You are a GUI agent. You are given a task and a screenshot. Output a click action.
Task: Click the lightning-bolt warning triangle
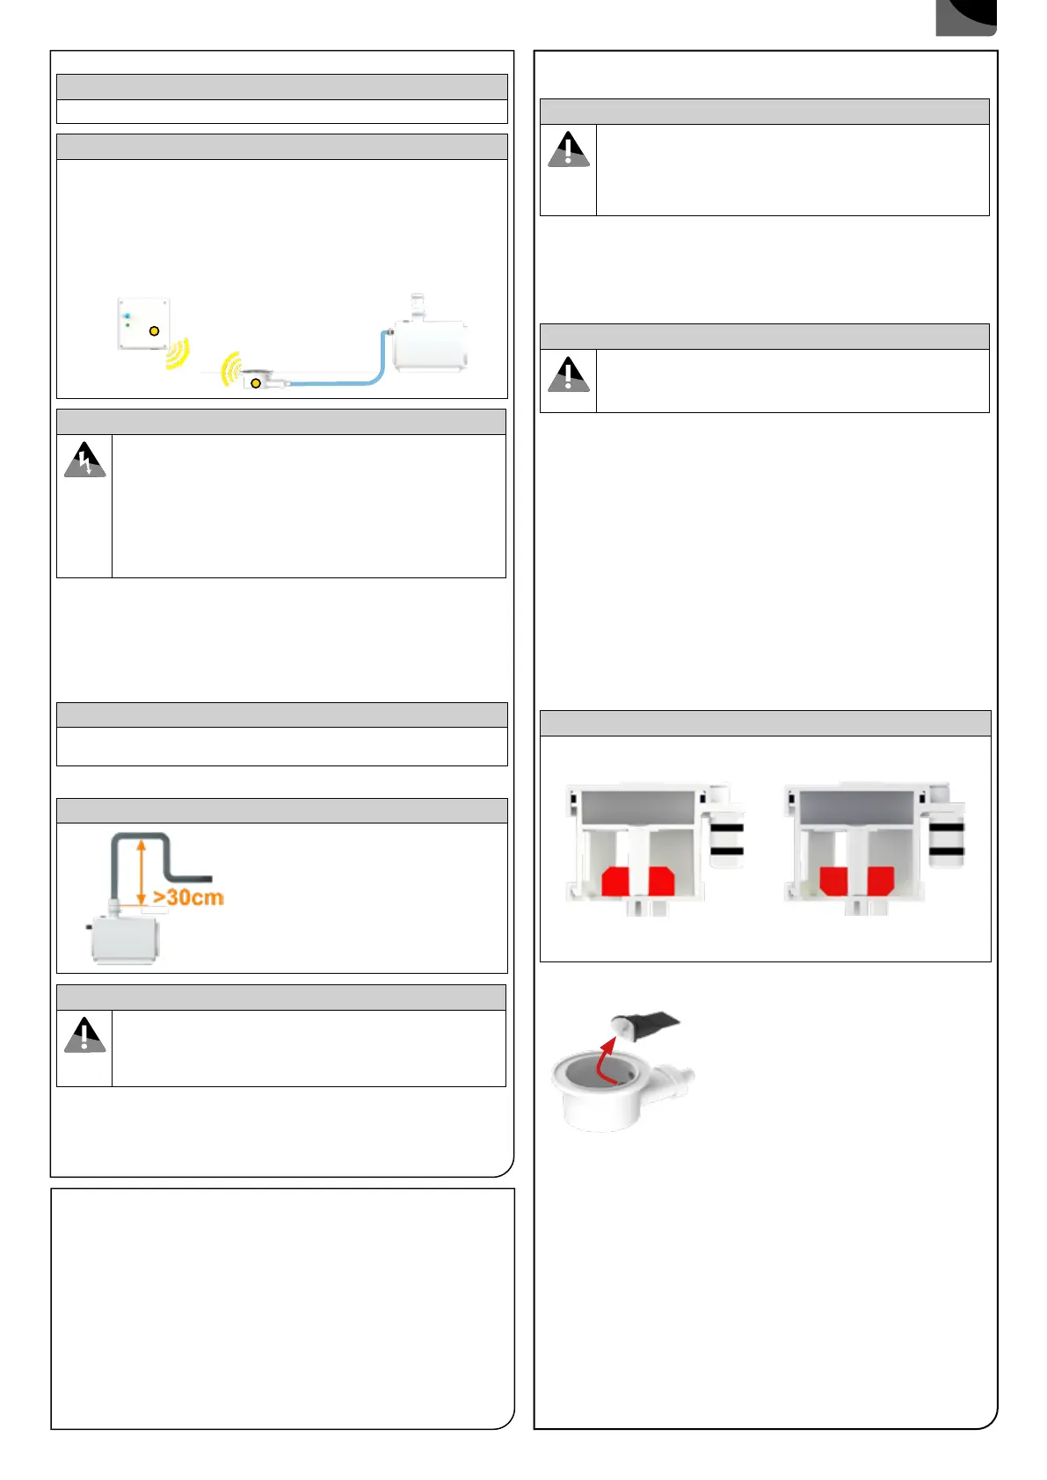[x=84, y=460]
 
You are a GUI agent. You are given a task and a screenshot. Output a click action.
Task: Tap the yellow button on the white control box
[x=154, y=331]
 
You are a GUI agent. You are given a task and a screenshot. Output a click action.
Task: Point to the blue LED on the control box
[x=127, y=316]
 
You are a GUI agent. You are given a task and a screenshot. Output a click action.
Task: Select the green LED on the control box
[x=127, y=325]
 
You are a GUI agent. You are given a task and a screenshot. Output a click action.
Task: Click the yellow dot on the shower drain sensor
[x=255, y=383]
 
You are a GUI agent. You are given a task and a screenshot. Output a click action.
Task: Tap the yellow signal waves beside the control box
[x=177, y=353]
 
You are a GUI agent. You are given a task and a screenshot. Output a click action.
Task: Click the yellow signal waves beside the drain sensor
[x=231, y=369]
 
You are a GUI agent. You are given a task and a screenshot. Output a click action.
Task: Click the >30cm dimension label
[x=188, y=897]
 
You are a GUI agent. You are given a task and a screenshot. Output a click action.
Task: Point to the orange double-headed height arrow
[x=142, y=871]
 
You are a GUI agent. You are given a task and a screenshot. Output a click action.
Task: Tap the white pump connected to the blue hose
[x=430, y=345]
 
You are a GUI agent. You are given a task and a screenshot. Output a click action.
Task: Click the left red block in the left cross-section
[x=615, y=881]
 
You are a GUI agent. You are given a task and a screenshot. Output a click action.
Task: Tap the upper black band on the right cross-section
[x=946, y=827]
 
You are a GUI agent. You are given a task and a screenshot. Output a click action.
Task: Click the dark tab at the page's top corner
[x=965, y=17]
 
